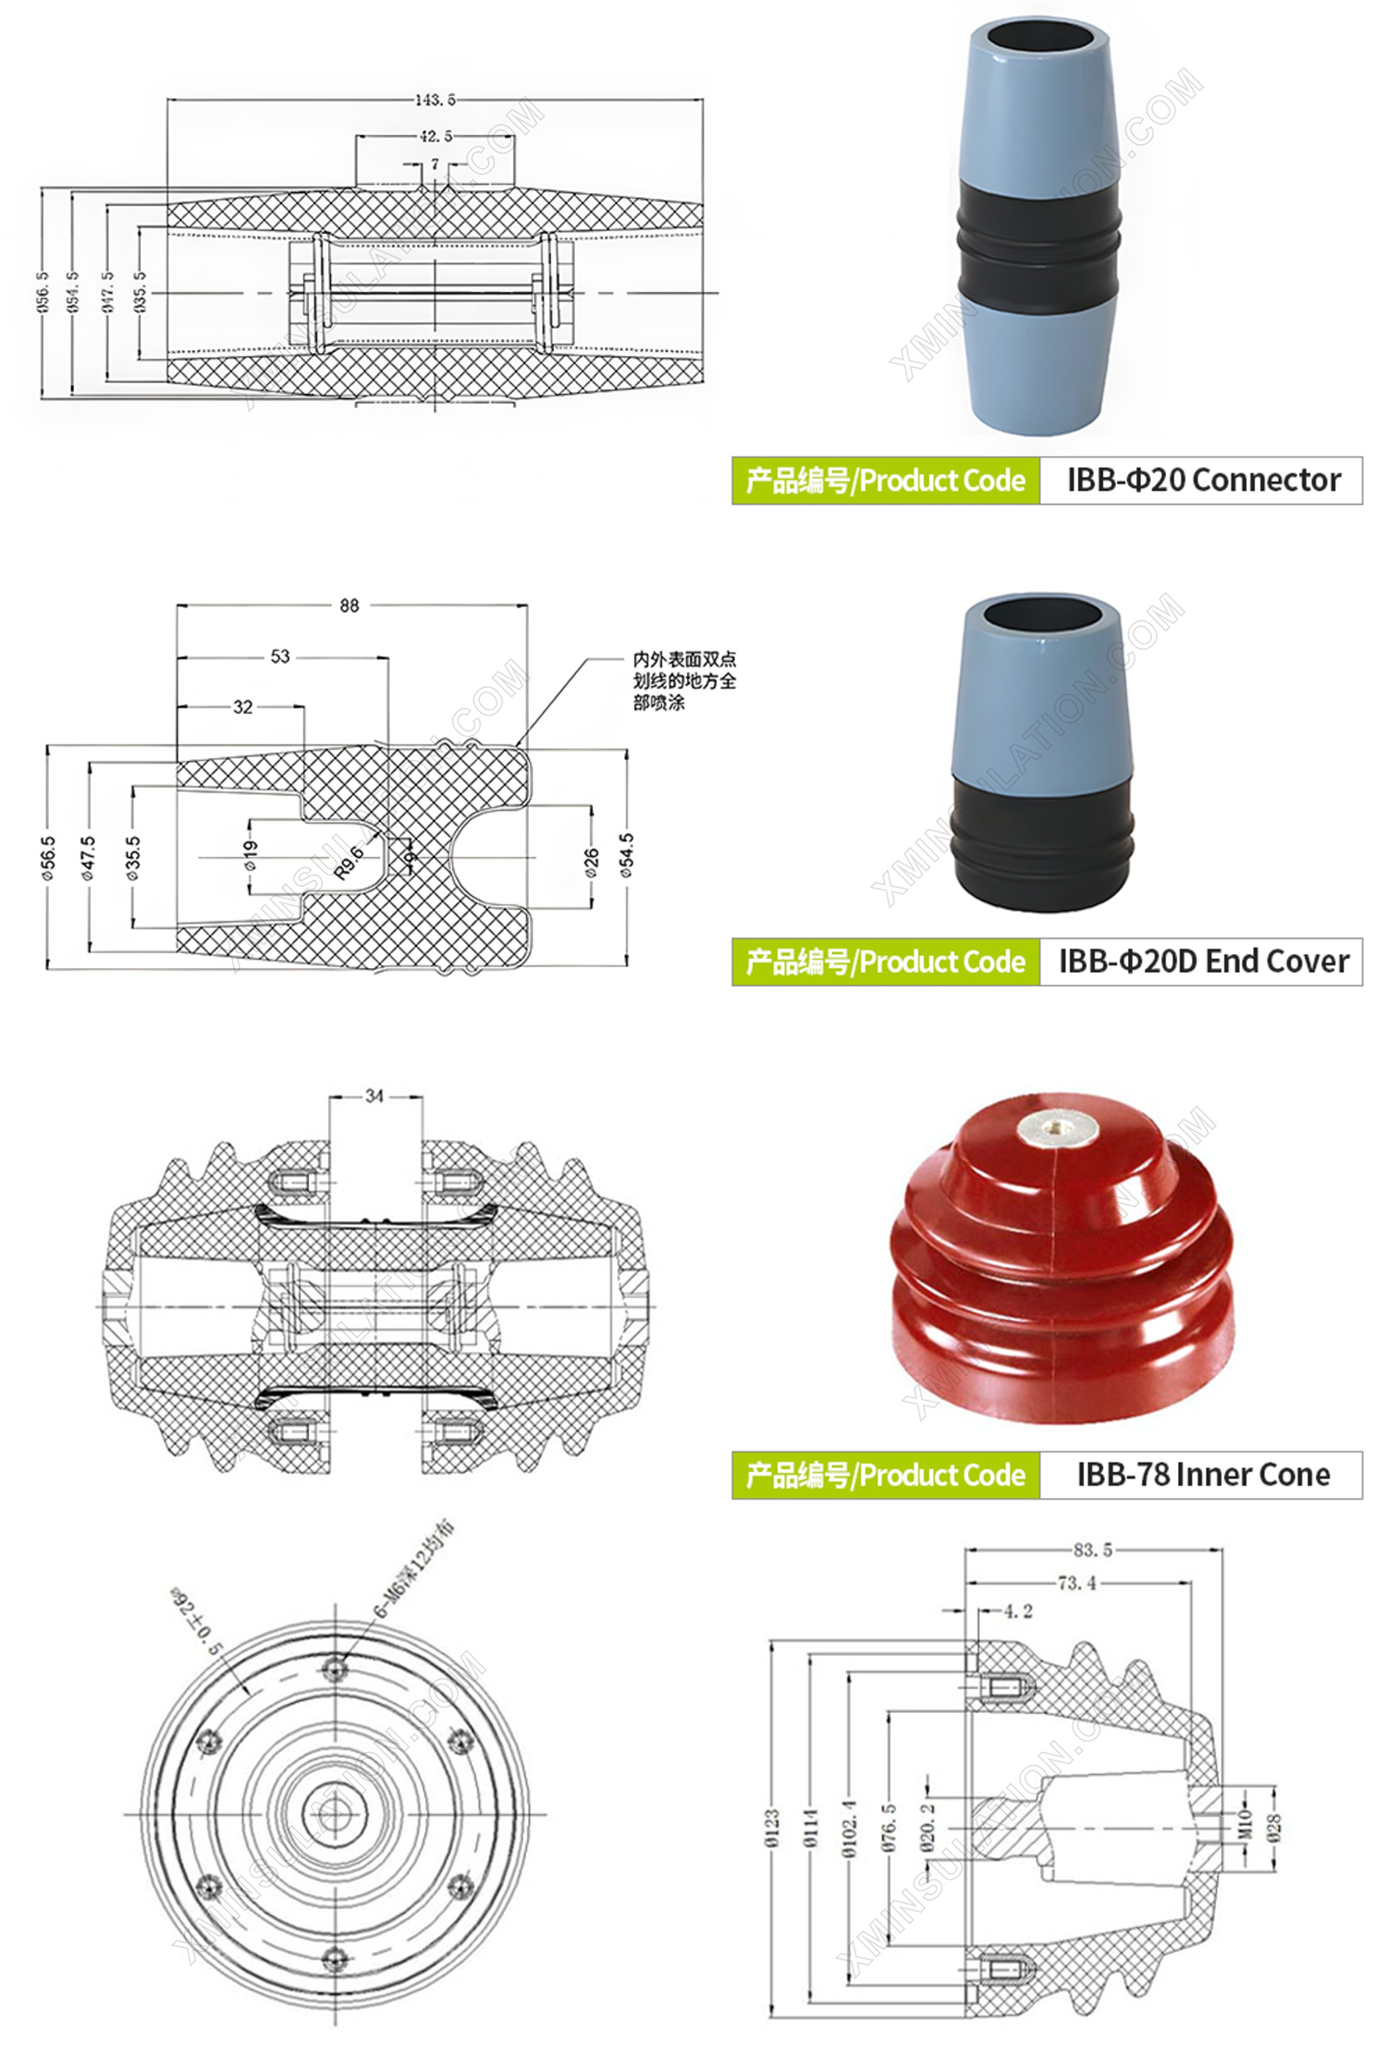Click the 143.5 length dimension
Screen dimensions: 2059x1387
(435, 100)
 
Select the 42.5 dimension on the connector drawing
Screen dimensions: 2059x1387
(436, 137)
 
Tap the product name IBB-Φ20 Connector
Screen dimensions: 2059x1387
(1203, 480)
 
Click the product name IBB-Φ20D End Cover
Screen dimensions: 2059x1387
(1203, 962)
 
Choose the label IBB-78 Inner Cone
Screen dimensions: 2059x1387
(1203, 1474)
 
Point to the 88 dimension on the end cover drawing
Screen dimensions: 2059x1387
(349, 606)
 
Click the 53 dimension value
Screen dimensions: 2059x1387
(280, 656)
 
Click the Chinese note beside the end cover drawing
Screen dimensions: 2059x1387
(684, 680)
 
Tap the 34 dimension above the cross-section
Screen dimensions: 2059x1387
(374, 1096)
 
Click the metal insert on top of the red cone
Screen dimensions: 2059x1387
(1056, 1128)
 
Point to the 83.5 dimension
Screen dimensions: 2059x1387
(1093, 1550)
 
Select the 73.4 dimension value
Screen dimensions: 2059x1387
(1077, 1583)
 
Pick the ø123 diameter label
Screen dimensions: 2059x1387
(772, 1829)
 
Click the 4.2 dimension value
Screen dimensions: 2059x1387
(1018, 1612)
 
